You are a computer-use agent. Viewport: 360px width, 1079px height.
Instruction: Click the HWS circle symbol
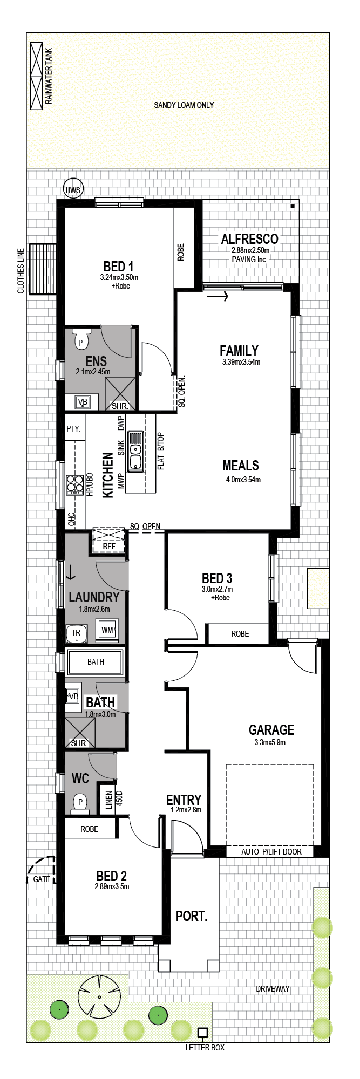tap(72, 189)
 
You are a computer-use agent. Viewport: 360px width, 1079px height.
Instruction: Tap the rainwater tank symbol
tap(36, 76)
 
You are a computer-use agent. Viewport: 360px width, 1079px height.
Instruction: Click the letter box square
tap(203, 1033)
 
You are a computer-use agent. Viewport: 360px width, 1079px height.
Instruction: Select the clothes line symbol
tap(43, 269)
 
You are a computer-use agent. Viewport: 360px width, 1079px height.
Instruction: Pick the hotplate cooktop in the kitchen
tap(72, 484)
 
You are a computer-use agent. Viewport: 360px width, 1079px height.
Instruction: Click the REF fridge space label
tap(109, 546)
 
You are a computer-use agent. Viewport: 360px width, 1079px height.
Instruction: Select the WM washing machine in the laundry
tap(107, 630)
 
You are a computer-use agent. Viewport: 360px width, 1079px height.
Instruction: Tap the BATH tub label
tap(96, 661)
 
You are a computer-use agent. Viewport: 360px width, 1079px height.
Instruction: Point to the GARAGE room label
tap(271, 730)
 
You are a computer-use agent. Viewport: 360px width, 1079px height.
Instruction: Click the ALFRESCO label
tap(250, 239)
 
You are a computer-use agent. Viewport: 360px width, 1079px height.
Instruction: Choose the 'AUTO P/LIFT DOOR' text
tap(271, 852)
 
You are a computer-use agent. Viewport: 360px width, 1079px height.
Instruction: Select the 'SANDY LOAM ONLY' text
tap(184, 105)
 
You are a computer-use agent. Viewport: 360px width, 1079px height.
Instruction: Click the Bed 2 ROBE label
tap(90, 829)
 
